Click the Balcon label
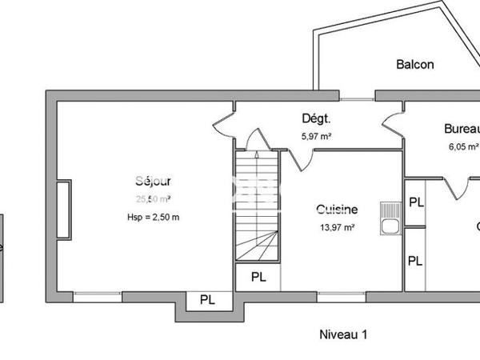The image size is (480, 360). pos(415,65)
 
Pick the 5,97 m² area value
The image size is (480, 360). pos(316,137)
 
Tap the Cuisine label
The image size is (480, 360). pos(336,210)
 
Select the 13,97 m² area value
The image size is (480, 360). pos(336,227)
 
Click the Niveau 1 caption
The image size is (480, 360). pos(342,334)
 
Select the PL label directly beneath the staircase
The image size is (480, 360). pos(258,278)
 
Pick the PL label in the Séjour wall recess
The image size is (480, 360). pos(207,301)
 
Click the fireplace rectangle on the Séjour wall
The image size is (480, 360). pos(63,210)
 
